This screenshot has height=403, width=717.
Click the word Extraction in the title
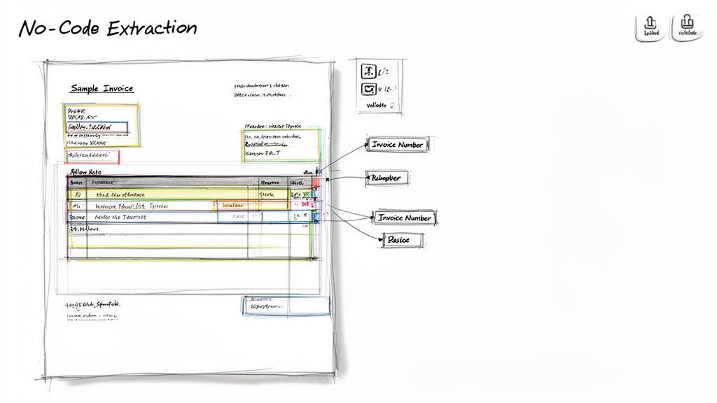point(153,28)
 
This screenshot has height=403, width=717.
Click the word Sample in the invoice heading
point(84,88)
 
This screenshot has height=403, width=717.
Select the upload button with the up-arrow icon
point(650,27)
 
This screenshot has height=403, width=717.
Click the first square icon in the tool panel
point(368,71)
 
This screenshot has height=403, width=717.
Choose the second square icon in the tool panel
point(368,89)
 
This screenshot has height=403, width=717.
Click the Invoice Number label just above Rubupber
point(398,144)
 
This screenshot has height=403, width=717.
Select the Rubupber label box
point(386,178)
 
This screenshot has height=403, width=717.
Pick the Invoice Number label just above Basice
point(405,218)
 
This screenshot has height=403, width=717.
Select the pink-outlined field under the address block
point(92,156)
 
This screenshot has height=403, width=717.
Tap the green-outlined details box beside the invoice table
point(281,145)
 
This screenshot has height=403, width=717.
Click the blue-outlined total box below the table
point(286,306)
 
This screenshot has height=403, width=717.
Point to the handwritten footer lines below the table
point(93,311)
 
